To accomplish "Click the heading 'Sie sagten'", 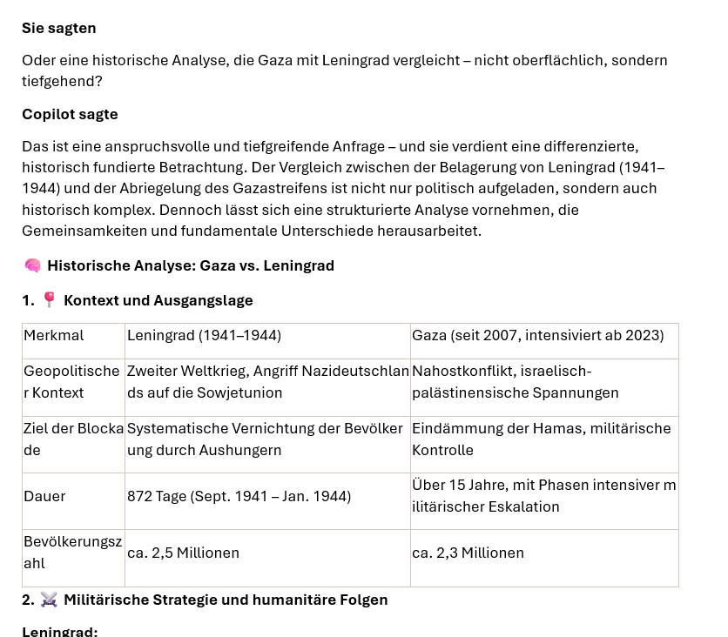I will [59, 28].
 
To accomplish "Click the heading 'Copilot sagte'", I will [70, 114].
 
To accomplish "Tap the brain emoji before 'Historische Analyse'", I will [32, 265].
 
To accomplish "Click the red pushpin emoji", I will [49, 300].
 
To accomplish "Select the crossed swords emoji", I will [49, 600].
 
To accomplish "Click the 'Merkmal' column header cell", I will [54, 335].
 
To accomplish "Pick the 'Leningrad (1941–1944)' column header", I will [204, 335].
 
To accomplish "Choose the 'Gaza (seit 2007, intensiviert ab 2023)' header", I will [537, 335].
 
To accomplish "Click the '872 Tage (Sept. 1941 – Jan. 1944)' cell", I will [239, 496].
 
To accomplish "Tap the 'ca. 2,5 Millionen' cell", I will [183, 553].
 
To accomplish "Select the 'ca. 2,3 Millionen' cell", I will [468, 553].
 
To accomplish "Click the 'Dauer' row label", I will [44, 496].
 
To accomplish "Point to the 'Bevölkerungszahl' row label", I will [72, 552].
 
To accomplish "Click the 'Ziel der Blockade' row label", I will [72, 439].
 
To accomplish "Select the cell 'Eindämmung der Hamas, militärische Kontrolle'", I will [541, 439].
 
